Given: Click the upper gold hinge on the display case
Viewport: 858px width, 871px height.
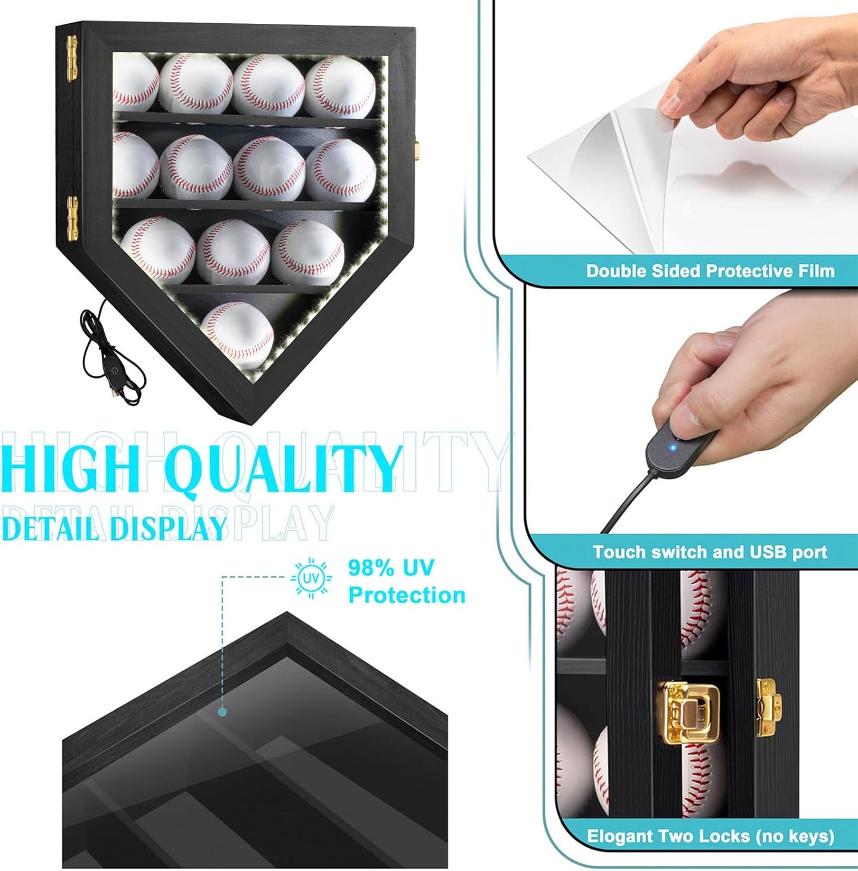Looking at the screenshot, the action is [x=72, y=59].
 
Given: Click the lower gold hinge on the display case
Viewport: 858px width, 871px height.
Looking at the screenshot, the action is [x=73, y=218].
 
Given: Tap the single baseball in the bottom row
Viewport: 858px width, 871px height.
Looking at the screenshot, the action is [x=237, y=335].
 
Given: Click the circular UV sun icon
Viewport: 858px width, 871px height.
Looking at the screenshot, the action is [x=311, y=578].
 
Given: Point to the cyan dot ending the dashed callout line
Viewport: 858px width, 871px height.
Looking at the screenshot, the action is [x=222, y=713].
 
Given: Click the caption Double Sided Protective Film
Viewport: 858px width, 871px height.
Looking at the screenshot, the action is [x=710, y=271].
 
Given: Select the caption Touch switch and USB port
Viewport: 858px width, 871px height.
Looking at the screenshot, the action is [x=710, y=552].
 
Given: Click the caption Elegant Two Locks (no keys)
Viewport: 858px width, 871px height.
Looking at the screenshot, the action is [x=710, y=836].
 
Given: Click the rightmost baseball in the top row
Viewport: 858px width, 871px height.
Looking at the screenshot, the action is [x=340, y=88].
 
